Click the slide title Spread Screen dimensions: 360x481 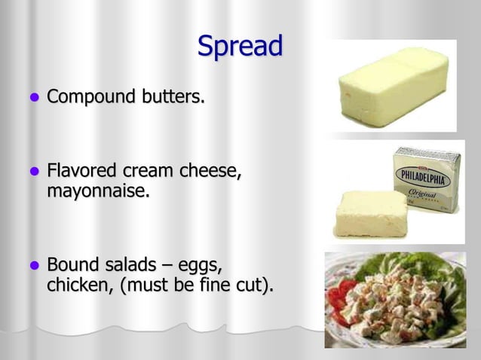240,46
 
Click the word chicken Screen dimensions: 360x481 78,286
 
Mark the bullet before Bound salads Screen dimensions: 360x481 32,267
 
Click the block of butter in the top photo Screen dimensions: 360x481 392,84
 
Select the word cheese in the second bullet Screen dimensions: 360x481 213,172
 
